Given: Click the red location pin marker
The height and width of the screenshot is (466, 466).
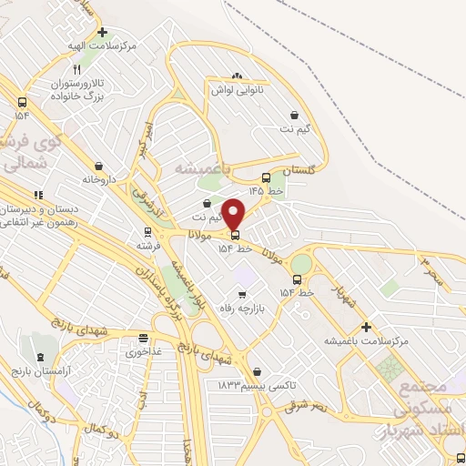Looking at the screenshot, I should click(x=234, y=214).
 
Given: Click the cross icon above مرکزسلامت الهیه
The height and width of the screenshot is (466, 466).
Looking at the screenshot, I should click(x=102, y=31).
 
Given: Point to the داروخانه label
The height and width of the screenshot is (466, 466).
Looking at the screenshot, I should click(x=100, y=179).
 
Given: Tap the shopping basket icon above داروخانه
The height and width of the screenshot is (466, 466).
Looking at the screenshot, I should click(x=98, y=166).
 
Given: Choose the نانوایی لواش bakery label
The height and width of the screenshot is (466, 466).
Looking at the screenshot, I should click(x=238, y=90).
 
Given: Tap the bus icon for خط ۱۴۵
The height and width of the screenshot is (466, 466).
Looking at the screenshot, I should click(x=265, y=178).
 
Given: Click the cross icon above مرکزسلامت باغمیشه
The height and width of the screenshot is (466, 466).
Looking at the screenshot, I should click(x=366, y=327).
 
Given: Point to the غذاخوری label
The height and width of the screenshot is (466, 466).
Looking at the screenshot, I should click(x=142, y=351).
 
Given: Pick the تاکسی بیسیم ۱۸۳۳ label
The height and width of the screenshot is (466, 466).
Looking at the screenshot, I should click(x=258, y=385).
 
